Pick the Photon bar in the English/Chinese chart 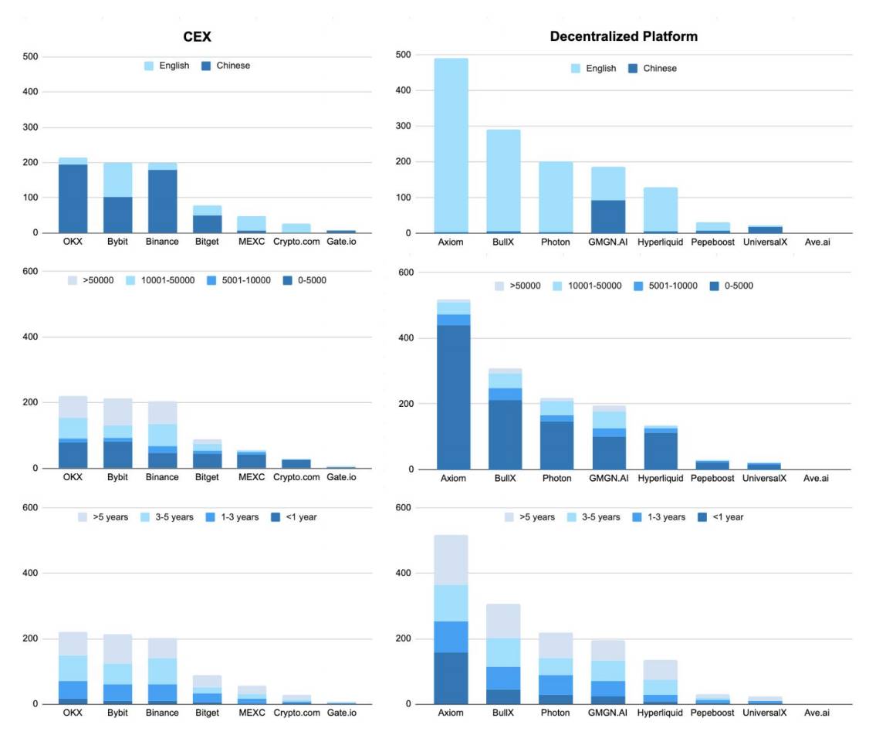(556, 197)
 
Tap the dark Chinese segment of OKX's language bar (73, 198)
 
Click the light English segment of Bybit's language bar (118, 179)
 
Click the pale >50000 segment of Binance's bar (163, 412)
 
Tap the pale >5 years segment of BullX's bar (503, 621)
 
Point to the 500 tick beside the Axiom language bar (403, 55)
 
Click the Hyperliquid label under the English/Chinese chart (661, 242)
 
